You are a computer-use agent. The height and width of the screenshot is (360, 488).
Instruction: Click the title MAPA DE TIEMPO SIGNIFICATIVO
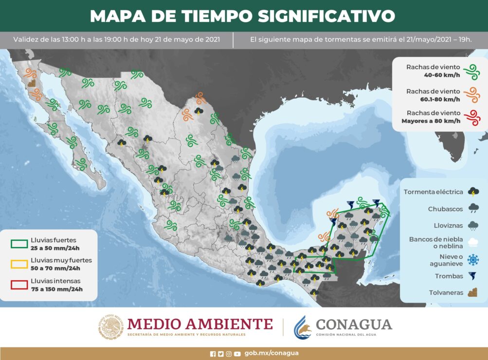(242, 16)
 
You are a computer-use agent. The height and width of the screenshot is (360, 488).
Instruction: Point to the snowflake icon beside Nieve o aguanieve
(472, 260)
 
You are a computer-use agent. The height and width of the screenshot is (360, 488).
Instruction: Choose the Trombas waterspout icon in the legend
(472, 276)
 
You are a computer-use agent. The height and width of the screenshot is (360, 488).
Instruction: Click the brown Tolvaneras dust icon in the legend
(472, 292)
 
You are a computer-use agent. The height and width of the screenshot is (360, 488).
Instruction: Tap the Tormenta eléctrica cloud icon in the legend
(472, 192)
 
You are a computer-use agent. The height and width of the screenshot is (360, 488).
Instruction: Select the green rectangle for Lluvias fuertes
(19, 243)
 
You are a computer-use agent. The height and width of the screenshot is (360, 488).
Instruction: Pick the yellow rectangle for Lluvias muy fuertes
(19, 264)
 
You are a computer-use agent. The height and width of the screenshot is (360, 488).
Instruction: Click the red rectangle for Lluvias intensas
(19, 285)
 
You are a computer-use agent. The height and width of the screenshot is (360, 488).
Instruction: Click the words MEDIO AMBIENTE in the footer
(200, 324)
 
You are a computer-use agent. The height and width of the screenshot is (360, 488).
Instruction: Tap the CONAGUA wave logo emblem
(302, 327)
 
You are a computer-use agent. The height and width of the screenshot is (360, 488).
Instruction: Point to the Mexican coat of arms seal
(110, 327)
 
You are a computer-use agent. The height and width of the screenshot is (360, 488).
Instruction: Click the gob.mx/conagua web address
(271, 353)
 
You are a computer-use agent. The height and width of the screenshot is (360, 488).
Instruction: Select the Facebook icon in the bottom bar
(213, 354)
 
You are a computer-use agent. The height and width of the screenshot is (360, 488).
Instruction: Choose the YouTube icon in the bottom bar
(237, 354)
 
